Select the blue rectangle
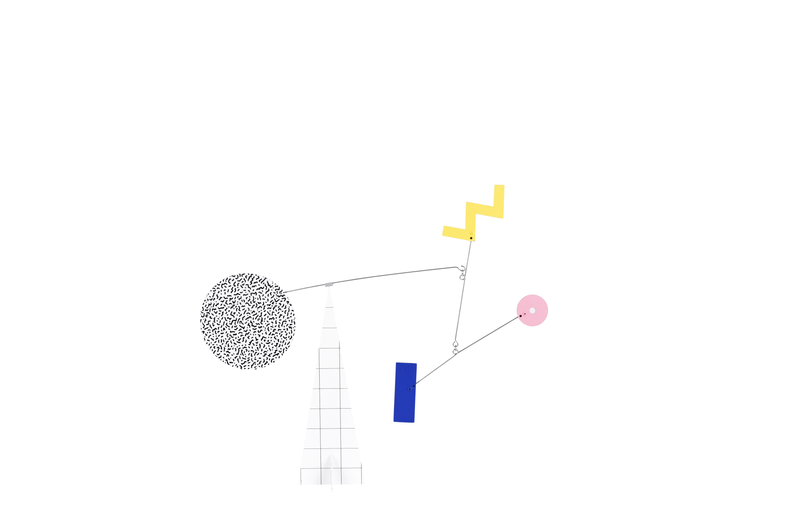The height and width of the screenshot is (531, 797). point(405,392)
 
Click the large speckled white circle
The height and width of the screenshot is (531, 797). point(248,321)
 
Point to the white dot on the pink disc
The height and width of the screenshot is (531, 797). point(532,310)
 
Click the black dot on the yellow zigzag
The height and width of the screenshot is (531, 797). point(471,238)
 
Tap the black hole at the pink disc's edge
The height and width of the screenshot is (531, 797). point(521,316)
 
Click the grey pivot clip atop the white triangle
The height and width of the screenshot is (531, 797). point(329,285)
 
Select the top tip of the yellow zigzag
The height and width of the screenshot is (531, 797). point(499,185)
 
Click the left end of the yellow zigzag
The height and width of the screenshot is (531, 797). point(443,231)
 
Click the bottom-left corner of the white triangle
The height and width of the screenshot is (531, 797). point(298,484)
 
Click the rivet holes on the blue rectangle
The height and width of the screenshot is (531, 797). point(411,388)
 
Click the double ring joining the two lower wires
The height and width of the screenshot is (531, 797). point(455,348)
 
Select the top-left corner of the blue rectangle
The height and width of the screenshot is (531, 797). point(396,363)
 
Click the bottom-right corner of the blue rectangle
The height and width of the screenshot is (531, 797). point(414,423)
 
